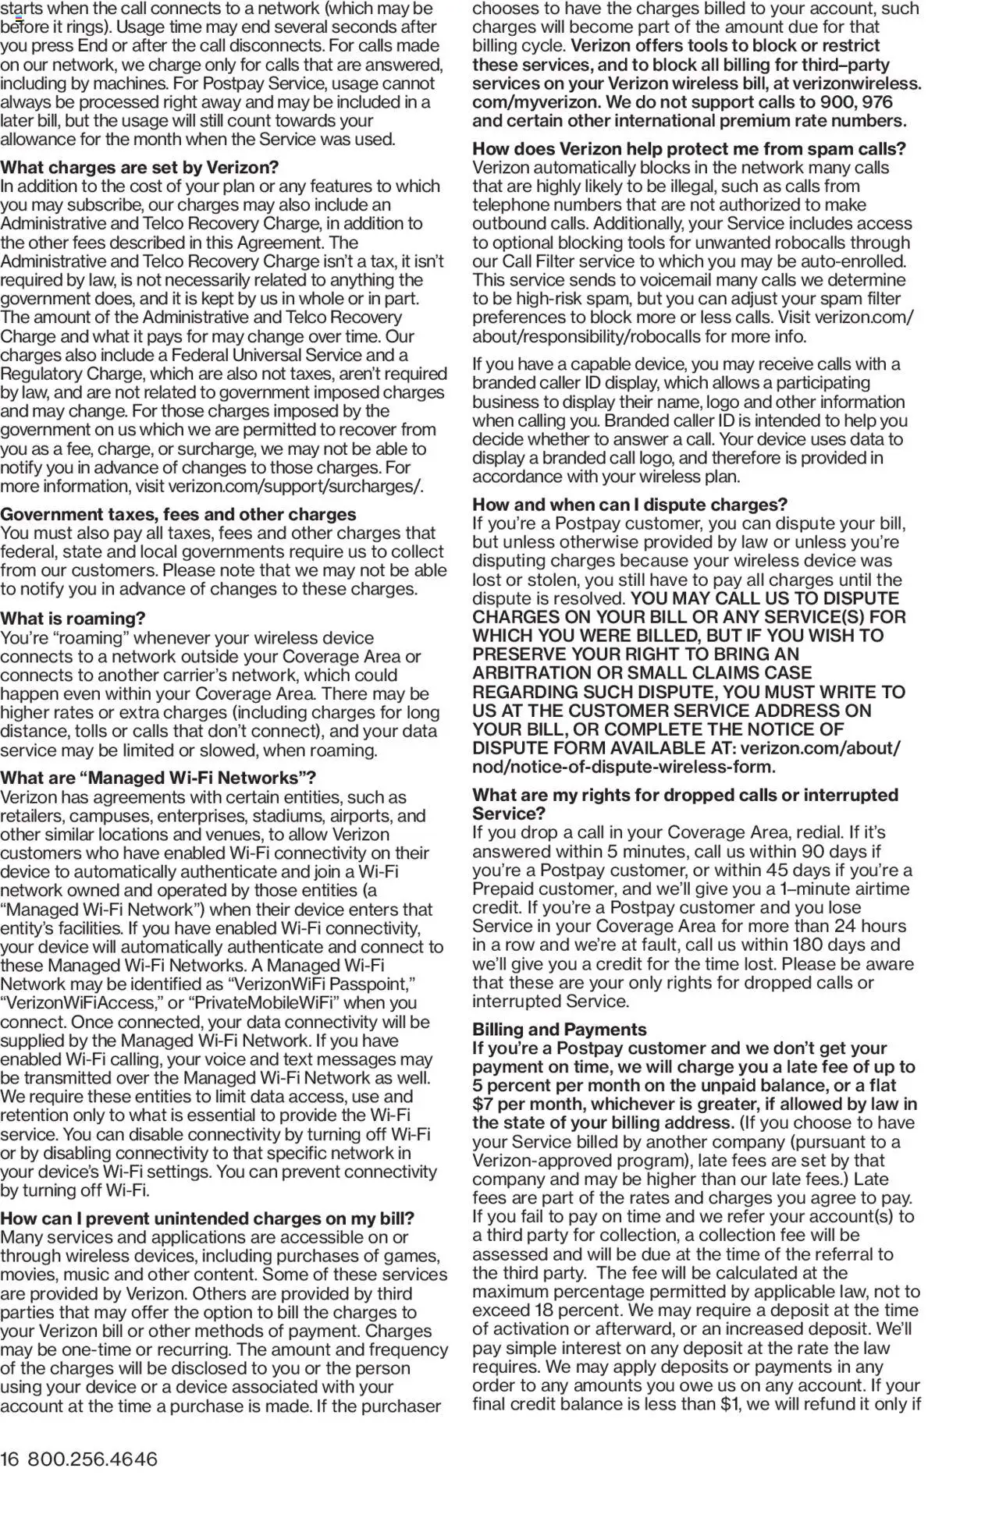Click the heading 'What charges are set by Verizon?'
tap(139, 168)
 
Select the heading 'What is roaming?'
tap(73, 619)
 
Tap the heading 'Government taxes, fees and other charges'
tap(178, 514)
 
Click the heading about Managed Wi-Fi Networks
tap(158, 778)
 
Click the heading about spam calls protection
tap(688, 149)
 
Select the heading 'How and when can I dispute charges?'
tap(629, 504)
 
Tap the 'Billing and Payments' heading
tap(559, 1029)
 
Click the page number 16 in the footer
tap(9, 1459)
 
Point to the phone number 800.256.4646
tap(92, 1459)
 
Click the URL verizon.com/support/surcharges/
tap(296, 487)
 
